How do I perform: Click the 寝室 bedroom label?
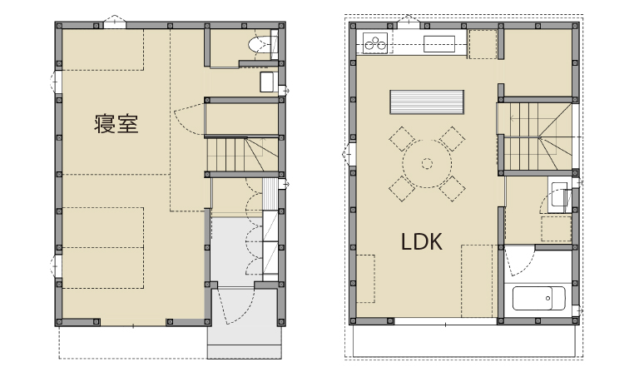pyautogui.click(x=116, y=124)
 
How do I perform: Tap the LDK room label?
pyautogui.click(x=421, y=241)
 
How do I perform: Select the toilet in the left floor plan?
pyautogui.click(x=263, y=44)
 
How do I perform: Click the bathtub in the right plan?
pyautogui.click(x=539, y=298)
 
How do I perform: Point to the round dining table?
pyautogui.click(x=427, y=163)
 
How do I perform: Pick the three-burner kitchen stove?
pyautogui.click(x=375, y=42)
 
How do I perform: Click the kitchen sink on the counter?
pyautogui.click(x=439, y=44)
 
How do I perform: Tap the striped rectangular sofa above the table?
pyautogui.click(x=427, y=102)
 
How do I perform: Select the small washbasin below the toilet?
pyautogui.click(x=268, y=82)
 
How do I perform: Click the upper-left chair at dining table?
pyautogui.click(x=402, y=138)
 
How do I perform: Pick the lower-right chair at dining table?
pyautogui.click(x=453, y=189)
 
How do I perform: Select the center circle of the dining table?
pyautogui.click(x=427, y=163)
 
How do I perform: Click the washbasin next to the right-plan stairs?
pyautogui.click(x=558, y=196)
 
